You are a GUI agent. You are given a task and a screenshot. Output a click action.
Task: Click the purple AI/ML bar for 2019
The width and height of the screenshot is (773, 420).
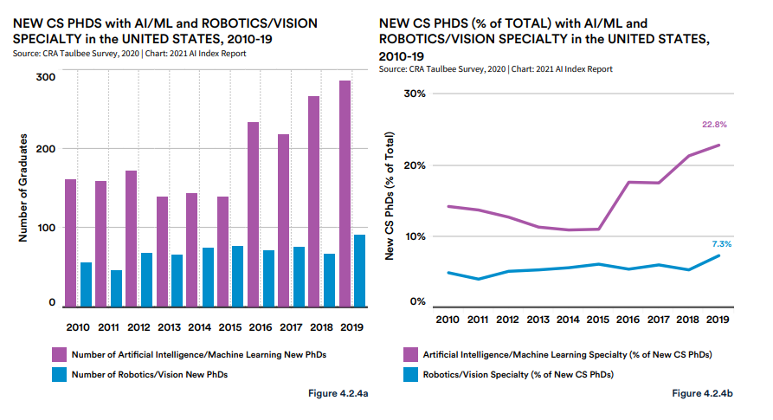point(345,193)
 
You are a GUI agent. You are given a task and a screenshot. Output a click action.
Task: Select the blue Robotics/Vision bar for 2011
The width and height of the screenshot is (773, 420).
point(116,288)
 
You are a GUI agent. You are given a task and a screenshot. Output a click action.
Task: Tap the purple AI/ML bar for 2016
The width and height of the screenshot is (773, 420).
point(253,214)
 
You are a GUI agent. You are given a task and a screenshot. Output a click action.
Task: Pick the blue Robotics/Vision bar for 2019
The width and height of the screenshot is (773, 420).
point(358,270)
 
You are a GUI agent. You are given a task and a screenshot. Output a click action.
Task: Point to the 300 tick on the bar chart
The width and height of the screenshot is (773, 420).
point(46,77)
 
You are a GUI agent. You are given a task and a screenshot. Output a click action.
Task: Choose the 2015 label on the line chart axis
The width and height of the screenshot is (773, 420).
point(597,320)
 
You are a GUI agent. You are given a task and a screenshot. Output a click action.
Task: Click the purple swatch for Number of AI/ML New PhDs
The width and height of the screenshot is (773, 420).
point(58,353)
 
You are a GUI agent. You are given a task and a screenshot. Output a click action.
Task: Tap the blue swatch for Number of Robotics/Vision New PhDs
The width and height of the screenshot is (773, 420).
point(58,374)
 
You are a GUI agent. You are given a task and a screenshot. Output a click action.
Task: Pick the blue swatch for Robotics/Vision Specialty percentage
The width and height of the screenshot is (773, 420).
point(411,374)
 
